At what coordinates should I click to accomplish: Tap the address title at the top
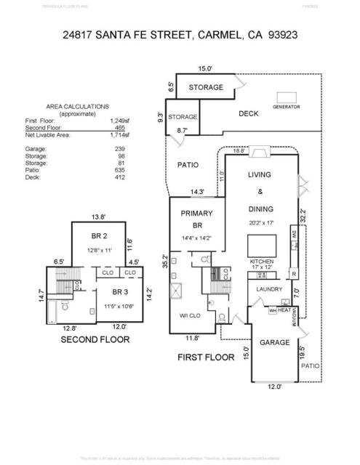(180, 34)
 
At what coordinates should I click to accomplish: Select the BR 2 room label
(100, 237)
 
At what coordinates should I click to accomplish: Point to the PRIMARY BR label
(196, 219)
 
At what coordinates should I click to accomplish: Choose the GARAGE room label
(274, 342)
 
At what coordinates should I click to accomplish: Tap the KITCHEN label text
(263, 261)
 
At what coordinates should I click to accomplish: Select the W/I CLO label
(191, 315)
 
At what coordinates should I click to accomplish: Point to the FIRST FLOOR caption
(206, 357)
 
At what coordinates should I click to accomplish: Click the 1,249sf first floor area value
(119, 121)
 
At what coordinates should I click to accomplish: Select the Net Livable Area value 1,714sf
(119, 134)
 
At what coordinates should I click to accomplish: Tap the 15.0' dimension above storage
(206, 69)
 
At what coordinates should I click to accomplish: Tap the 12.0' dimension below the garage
(273, 387)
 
